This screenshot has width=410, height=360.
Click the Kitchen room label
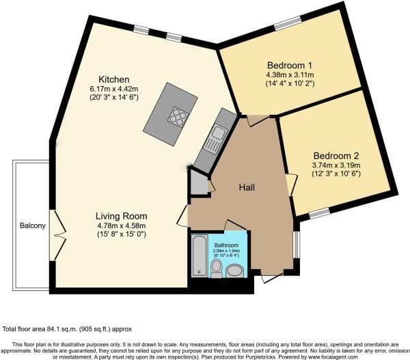[x=113, y=80]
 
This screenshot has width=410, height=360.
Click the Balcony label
[x=32, y=225]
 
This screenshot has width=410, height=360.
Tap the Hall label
[x=247, y=187]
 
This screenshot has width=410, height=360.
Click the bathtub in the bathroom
[x=197, y=255]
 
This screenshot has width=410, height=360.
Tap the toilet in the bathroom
[x=216, y=267]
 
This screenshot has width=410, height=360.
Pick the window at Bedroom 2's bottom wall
[x=319, y=214]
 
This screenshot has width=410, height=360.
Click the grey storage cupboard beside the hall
[x=198, y=183]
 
